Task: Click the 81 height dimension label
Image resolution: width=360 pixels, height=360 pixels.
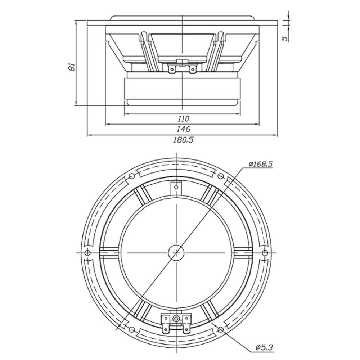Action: click(x=72, y=67)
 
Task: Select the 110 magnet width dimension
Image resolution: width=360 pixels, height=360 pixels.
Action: click(x=184, y=118)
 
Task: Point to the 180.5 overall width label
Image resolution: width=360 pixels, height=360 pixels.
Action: click(x=183, y=139)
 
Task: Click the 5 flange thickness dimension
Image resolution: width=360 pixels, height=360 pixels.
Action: click(x=285, y=39)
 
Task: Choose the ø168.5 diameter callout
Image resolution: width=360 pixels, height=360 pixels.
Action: click(x=261, y=164)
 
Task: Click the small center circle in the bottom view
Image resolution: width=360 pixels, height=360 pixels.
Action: click(x=176, y=253)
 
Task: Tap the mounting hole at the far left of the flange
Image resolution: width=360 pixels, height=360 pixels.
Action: click(x=87, y=253)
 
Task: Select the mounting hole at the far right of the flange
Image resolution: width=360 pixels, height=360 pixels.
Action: click(x=265, y=253)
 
